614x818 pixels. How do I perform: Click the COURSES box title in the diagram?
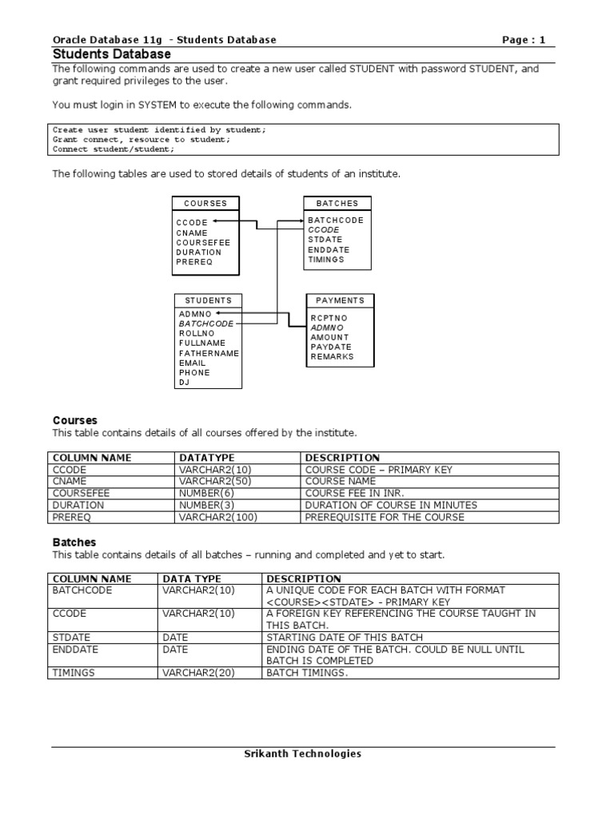pyautogui.click(x=205, y=204)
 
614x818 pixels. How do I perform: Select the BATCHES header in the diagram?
pyautogui.click(x=337, y=204)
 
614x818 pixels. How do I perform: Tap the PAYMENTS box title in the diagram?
pyautogui.click(x=340, y=300)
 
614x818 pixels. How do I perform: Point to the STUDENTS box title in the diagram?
pyautogui.click(x=208, y=300)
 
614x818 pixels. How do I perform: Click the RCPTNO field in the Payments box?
pyautogui.click(x=329, y=318)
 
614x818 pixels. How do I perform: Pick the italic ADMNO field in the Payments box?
pyautogui.click(x=327, y=328)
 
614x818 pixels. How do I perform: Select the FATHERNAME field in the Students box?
pyautogui.click(x=209, y=353)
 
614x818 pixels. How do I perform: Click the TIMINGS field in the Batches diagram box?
pyautogui.click(x=326, y=260)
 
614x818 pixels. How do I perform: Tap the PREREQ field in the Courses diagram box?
pyautogui.click(x=194, y=262)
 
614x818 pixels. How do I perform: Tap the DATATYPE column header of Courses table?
pyautogui.click(x=205, y=458)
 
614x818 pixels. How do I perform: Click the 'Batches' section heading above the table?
pyautogui.click(x=74, y=542)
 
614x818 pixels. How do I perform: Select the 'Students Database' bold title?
pyautogui.click(x=111, y=54)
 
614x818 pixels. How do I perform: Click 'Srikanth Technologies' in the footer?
pyautogui.click(x=302, y=753)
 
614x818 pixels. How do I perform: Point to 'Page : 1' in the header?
pyautogui.click(x=524, y=40)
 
